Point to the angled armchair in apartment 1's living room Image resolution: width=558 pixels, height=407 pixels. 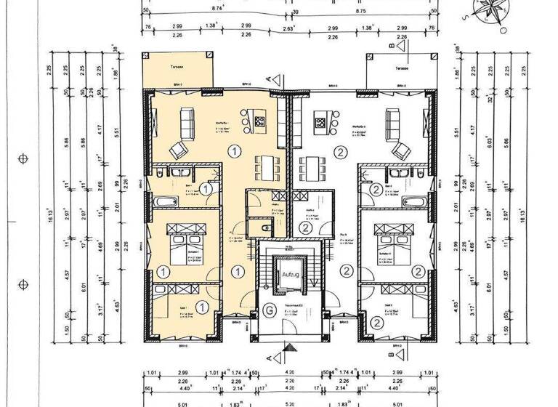coord(177,149)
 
